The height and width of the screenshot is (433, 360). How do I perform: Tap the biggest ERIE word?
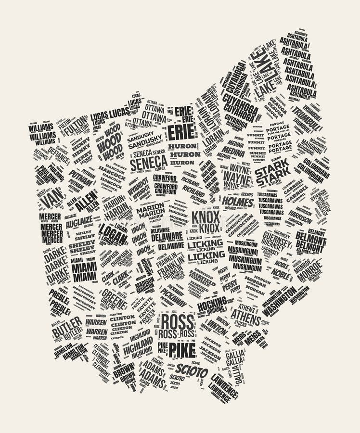tap(181, 131)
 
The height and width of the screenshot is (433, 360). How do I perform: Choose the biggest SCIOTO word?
tap(192, 371)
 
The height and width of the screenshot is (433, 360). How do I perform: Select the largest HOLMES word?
tap(238, 202)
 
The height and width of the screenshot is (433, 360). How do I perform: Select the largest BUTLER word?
tap(67, 328)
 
